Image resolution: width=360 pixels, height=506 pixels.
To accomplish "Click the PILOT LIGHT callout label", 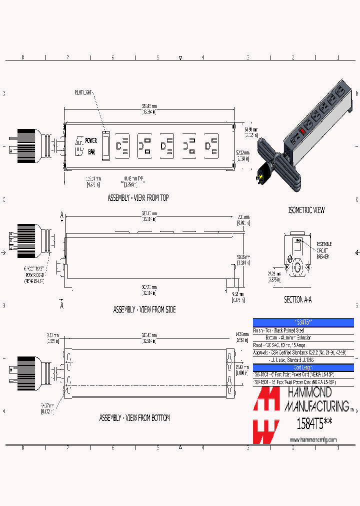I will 84,92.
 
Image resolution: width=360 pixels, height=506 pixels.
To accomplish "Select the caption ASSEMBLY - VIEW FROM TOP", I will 138,198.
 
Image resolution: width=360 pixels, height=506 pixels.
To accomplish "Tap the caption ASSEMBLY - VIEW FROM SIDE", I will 144,309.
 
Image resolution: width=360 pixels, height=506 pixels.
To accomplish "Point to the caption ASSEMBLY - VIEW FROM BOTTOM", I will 134,417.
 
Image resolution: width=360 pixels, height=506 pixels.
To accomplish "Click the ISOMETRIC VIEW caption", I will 306,210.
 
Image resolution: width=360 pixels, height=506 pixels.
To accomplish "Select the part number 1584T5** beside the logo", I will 314,424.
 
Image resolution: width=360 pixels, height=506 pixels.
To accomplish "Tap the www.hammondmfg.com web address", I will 313,439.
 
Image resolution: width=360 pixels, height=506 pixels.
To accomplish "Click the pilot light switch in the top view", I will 106,146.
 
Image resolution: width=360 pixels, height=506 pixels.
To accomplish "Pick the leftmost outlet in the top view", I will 122,146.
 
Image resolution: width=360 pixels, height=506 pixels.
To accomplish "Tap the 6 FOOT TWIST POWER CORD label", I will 33,274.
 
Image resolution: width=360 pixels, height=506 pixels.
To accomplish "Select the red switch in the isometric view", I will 302,132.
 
